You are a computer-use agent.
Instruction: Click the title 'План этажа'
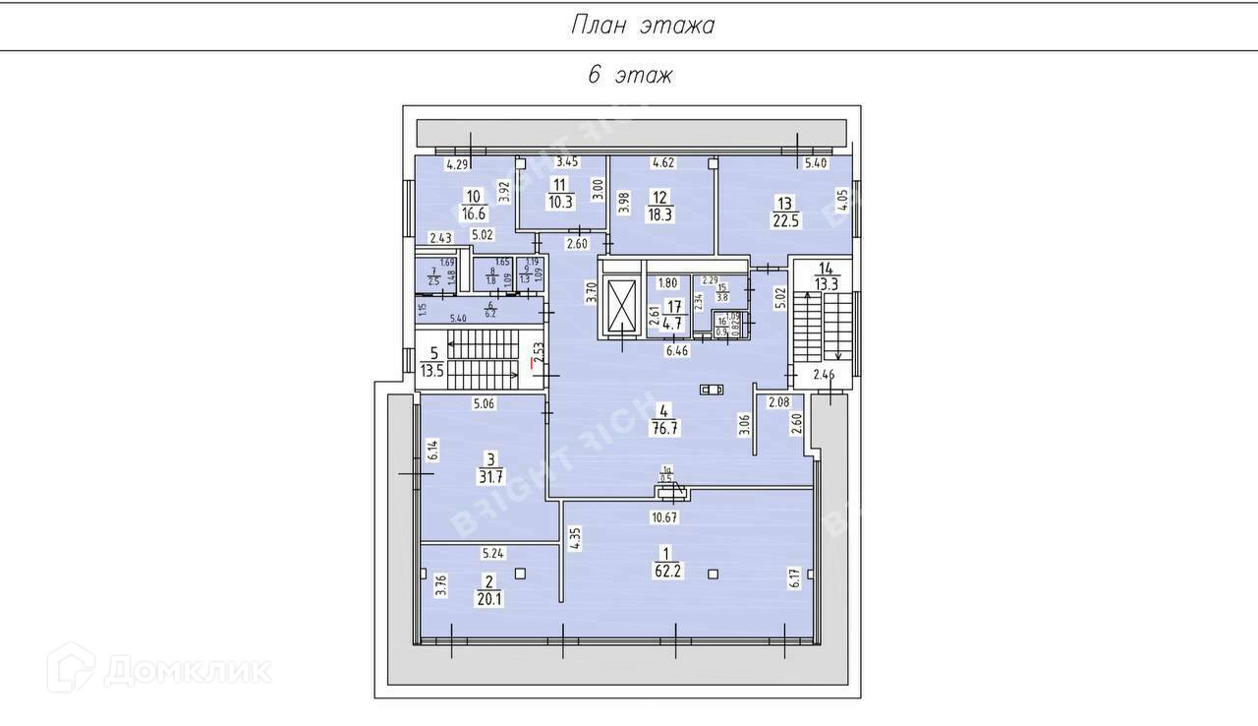[643, 26]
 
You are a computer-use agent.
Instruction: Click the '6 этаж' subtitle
[630, 76]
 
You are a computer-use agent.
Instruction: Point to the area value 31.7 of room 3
[490, 475]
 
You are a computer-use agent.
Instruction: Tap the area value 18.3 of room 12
[659, 213]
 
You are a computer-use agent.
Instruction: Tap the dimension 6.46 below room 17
[678, 350]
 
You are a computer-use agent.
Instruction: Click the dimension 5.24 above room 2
[493, 553]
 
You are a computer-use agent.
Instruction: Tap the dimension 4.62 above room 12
[663, 161]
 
